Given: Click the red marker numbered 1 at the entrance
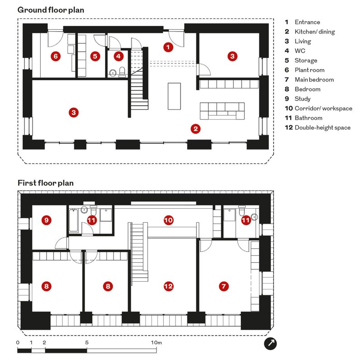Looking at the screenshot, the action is [x=168, y=47].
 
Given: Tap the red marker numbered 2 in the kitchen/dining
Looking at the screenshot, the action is [x=195, y=129].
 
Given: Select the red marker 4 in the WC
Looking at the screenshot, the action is [x=119, y=56].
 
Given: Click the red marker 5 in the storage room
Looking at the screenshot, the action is [x=95, y=56].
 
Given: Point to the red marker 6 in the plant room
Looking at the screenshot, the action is [x=56, y=56].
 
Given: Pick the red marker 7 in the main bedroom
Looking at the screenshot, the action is [x=224, y=286].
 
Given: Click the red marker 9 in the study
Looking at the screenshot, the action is [x=47, y=220].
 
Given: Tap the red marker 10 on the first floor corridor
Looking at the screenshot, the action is [x=168, y=220].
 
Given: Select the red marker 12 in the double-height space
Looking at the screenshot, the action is [x=168, y=286].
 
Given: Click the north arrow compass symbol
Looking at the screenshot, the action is [x=270, y=343].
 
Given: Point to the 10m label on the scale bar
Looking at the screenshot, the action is [x=157, y=342].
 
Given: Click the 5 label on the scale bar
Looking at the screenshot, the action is [x=87, y=342].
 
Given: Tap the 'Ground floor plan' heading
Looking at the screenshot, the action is [x=51, y=10].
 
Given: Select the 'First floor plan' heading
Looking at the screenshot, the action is [x=46, y=183].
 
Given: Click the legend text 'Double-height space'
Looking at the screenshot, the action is [x=323, y=128].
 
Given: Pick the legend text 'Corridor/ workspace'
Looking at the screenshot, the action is [x=324, y=108].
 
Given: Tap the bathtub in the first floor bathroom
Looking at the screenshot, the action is [x=74, y=220].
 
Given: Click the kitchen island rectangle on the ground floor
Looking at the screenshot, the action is [x=174, y=96].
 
